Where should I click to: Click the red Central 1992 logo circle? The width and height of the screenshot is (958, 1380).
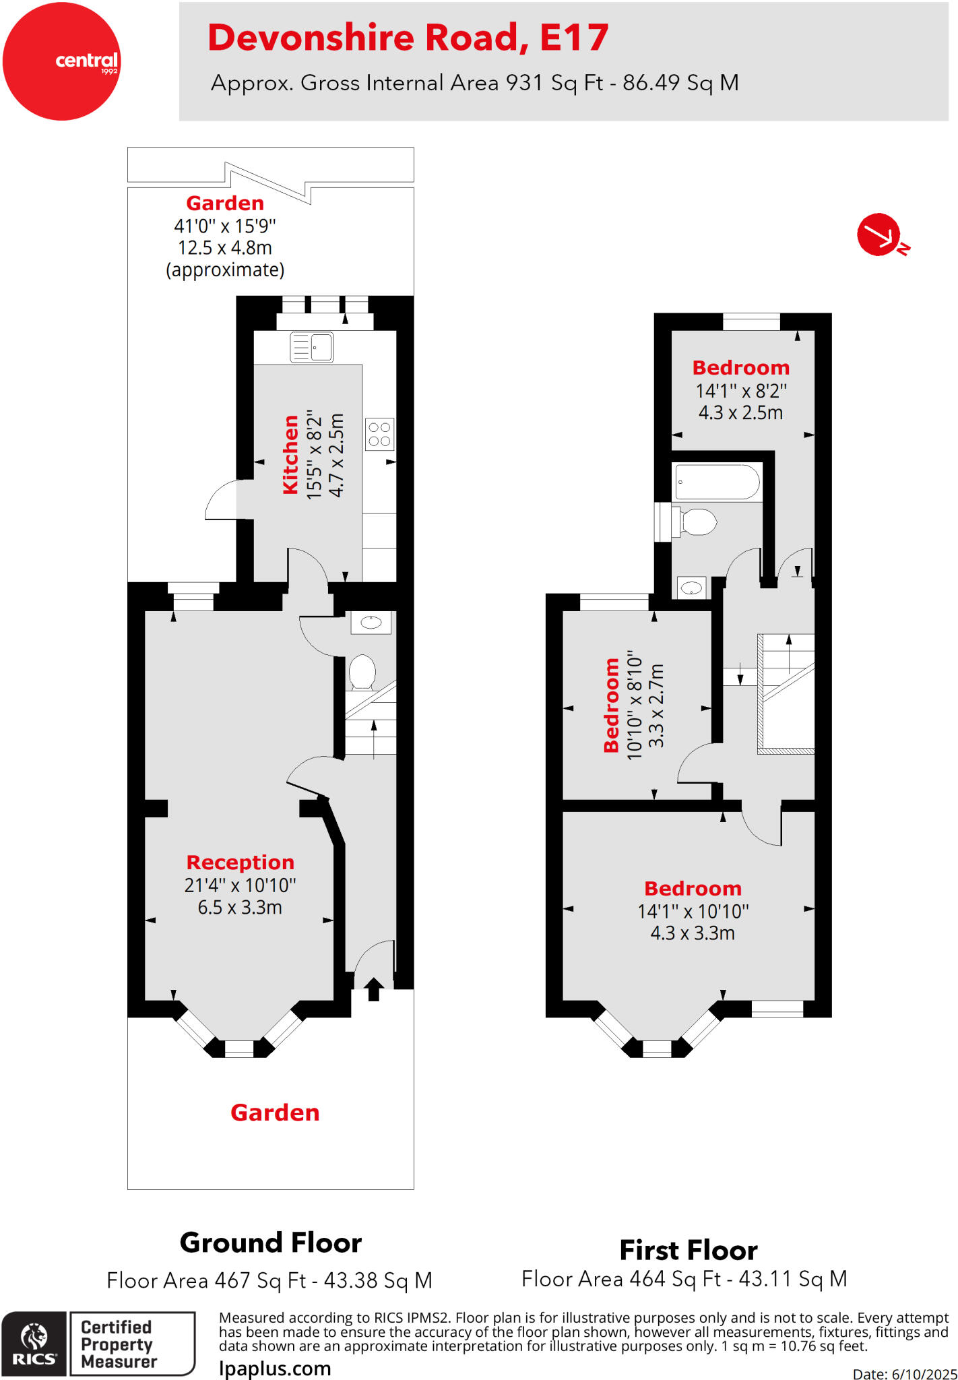tap(61, 61)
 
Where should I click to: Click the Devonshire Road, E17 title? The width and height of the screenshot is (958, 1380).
tap(408, 38)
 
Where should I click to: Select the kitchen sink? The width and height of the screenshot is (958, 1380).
tap(312, 348)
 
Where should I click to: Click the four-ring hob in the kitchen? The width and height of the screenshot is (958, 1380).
tap(379, 434)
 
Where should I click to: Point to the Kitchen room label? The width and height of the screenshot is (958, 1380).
tap(290, 455)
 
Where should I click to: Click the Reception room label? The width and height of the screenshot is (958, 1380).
tap(240, 862)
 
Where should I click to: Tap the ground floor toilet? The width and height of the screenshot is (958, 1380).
tap(362, 672)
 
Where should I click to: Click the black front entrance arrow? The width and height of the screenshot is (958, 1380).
tap(374, 989)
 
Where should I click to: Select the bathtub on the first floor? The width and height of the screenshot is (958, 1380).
tap(717, 482)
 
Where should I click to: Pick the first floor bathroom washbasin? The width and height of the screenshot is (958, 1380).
tap(691, 588)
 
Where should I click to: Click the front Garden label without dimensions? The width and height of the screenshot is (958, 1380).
tap(275, 1112)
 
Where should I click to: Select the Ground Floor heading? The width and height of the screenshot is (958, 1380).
tap(270, 1243)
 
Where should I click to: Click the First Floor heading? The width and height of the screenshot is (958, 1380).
tap(689, 1251)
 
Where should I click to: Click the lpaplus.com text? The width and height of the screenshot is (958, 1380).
tap(275, 1369)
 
